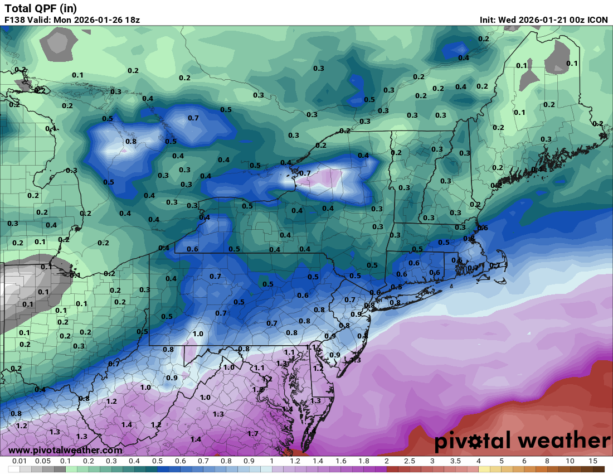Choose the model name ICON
(x=597, y=20)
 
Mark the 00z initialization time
(x=575, y=20)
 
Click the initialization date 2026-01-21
(x=541, y=20)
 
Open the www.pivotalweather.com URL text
(x=65, y=450)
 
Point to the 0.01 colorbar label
(x=20, y=461)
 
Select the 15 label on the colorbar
(x=593, y=461)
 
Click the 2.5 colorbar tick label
(x=409, y=461)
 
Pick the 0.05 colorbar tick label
(x=42, y=461)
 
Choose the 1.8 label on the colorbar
(x=363, y=461)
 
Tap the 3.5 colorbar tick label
(x=455, y=461)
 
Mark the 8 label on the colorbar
(x=547, y=461)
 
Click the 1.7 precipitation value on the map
(x=252, y=433)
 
